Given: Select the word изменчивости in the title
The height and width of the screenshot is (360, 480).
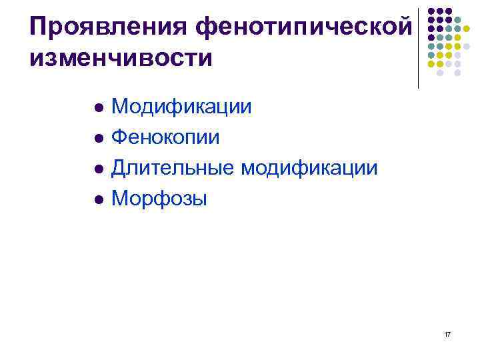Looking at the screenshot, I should (x=121, y=57).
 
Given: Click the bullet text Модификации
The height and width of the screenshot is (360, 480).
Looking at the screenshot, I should (x=181, y=106).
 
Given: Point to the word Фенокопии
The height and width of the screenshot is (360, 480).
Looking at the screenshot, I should (x=165, y=137).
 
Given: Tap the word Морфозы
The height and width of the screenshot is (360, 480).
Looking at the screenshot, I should (x=159, y=199).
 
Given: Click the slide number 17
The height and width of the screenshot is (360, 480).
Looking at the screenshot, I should (x=446, y=333).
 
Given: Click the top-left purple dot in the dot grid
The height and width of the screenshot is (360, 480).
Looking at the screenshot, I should (x=431, y=11).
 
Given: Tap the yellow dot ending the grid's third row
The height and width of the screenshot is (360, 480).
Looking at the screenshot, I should (x=467, y=29).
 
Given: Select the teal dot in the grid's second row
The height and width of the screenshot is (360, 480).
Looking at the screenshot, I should (x=457, y=21).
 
